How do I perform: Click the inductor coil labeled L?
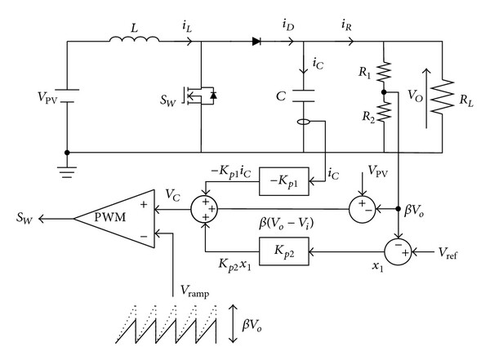(135, 39)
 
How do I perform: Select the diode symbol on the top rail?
(256, 41)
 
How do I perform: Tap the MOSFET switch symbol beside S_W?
(200, 96)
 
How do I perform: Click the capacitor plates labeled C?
(304, 96)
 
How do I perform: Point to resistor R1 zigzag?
(384, 71)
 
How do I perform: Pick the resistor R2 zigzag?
(384, 112)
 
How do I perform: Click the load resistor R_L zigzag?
(442, 96)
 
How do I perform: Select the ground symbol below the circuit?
(67, 172)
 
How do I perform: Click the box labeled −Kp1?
(284, 181)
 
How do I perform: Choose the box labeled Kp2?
(284, 251)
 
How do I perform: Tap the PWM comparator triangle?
(114, 219)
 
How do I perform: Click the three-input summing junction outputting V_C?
(204, 209)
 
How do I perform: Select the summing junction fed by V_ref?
(398, 252)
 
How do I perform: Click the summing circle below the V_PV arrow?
(362, 209)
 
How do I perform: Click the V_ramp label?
(194, 291)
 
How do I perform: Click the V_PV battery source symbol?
(67, 96)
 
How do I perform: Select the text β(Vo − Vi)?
(286, 224)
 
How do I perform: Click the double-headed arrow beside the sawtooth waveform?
(233, 323)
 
